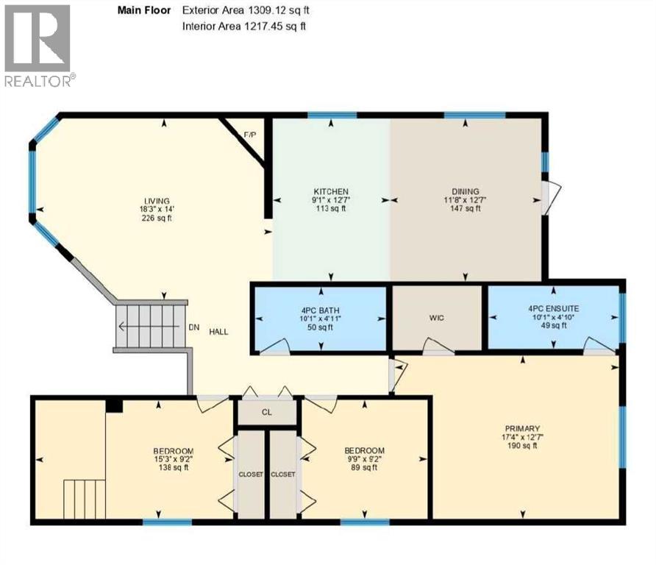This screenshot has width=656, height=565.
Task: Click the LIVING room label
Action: tap(157, 201)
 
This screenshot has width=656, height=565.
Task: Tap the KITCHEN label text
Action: tap(330, 191)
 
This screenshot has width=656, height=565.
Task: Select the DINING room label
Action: tap(465, 191)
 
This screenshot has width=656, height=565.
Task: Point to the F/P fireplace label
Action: tap(249, 135)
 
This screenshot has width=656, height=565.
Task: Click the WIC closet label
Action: tap(437, 317)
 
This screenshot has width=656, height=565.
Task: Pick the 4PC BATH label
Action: tap(320, 309)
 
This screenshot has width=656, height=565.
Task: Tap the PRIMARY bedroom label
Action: tap(523, 428)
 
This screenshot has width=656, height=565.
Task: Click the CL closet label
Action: tap(267, 412)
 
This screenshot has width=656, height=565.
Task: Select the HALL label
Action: tap(218, 332)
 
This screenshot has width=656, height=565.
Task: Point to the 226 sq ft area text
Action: tap(157, 218)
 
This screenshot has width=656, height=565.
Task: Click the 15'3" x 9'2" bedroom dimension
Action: tap(174, 460)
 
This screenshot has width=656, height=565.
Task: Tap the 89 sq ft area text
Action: tap(366, 469)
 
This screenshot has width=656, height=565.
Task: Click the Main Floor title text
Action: tap(144, 10)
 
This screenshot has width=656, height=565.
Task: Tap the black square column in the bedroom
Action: tap(114, 404)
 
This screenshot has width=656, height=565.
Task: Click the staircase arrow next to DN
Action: tap(147, 328)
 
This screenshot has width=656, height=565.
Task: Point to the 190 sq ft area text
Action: tap(523, 447)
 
